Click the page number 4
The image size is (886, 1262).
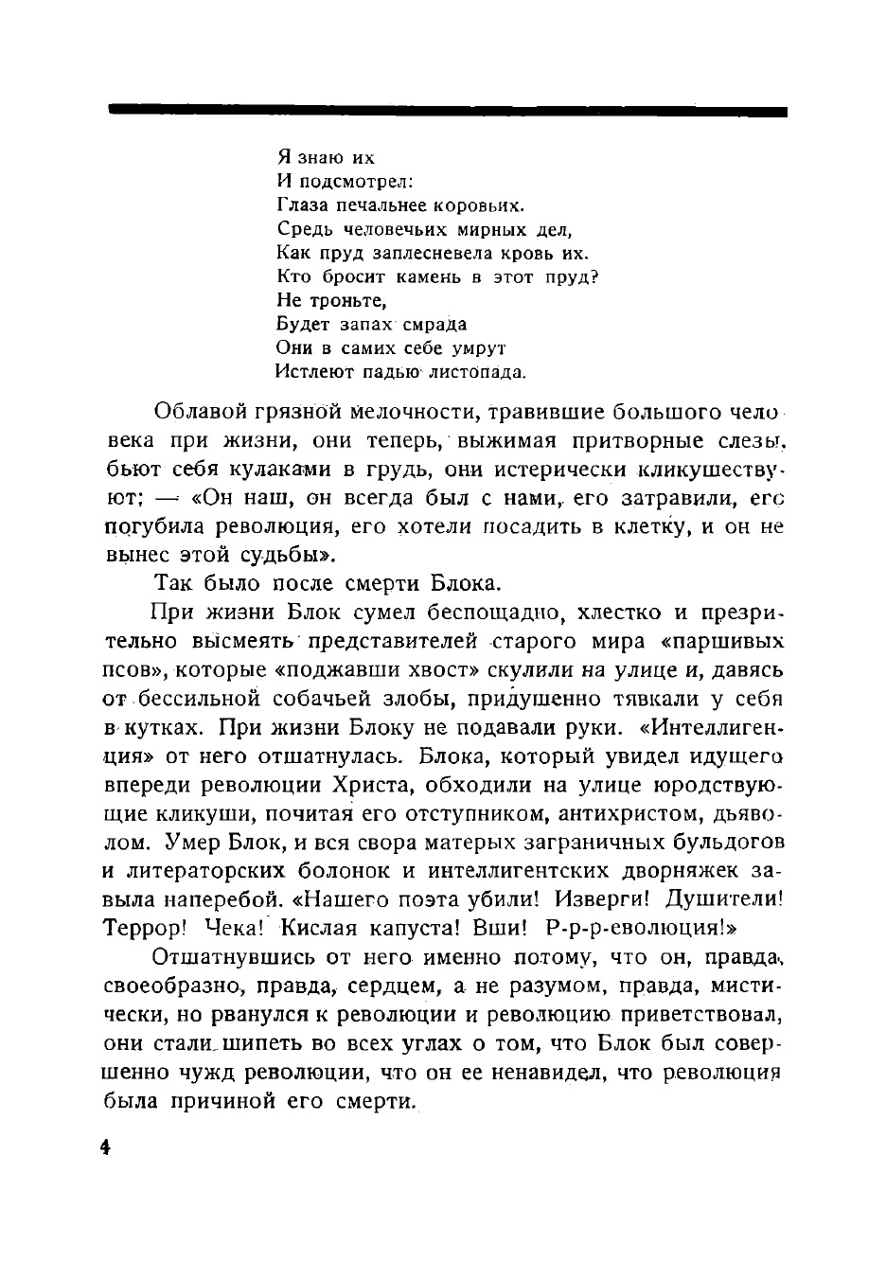point(105,1147)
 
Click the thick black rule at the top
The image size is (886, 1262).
point(447,112)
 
